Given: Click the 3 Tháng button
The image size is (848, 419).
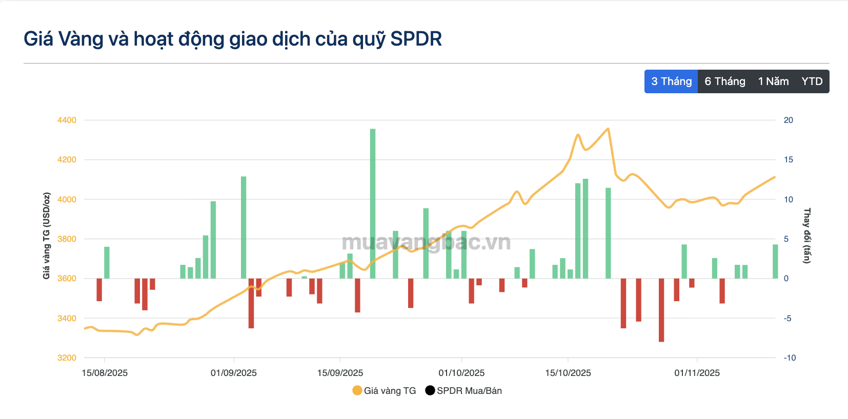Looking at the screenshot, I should tap(671, 81).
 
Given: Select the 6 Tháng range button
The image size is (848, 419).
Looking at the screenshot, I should tap(724, 81).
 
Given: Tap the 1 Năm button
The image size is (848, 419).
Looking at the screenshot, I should tap(773, 81).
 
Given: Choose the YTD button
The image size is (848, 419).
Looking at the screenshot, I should tap(812, 81).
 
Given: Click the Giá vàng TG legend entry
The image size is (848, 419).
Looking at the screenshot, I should tap(385, 391).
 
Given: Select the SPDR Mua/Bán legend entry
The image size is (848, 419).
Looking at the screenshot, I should tap(463, 391).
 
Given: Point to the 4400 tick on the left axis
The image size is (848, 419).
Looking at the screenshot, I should tap(67, 120).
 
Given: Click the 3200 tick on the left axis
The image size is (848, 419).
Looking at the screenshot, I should tap(67, 358).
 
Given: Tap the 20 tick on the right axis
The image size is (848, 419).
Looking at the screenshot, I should tap(788, 120).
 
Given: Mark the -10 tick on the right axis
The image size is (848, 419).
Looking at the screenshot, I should tap(790, 358).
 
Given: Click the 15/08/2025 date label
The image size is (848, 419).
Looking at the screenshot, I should tap(105, 373).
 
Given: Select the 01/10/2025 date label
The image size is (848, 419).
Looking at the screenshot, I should tap(461, 373).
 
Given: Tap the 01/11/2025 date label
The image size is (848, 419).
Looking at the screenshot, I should tap(697, 373).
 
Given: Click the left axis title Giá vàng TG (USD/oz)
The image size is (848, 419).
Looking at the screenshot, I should tap(47, 236).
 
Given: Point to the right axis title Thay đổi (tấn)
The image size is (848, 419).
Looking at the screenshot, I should tap(807, 236).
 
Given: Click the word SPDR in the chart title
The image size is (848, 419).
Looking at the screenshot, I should tap(416, 39).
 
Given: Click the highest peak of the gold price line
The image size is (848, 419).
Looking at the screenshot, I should tap(608, 129).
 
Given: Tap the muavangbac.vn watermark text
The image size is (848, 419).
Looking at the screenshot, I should tap(426, 242).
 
